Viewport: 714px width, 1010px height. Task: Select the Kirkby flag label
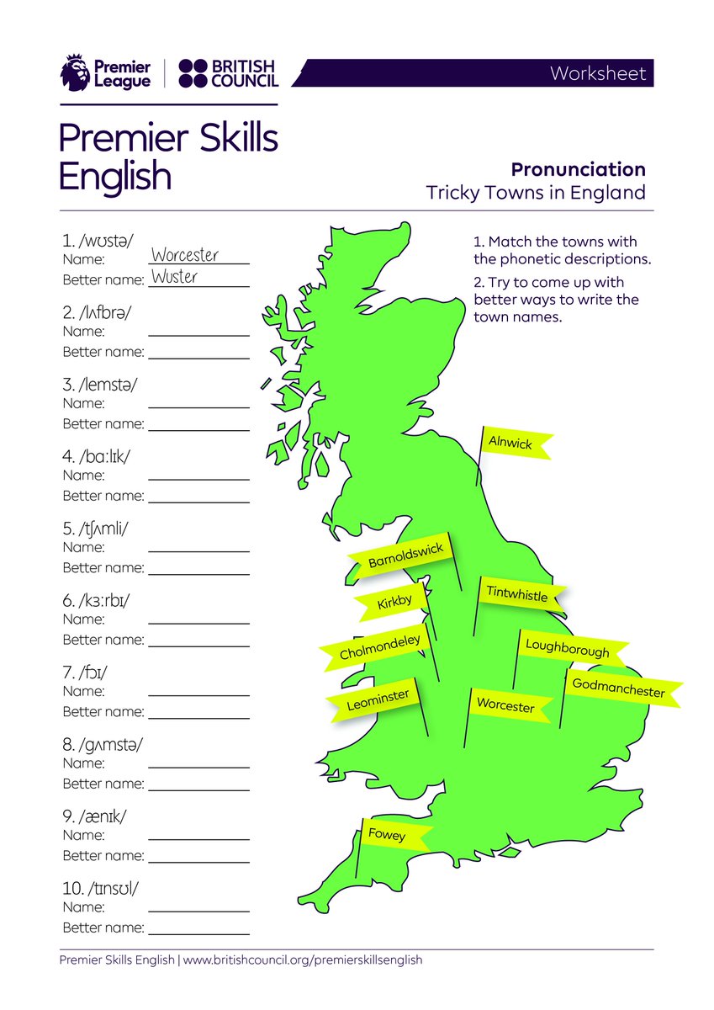[394, 601]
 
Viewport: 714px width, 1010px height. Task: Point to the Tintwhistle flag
[517, 595]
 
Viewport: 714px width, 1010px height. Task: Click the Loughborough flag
[568, 649]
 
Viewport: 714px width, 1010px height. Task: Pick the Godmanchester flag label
[618, 688]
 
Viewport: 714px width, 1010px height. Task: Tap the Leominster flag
[378, 699]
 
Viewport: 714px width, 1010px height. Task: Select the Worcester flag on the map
[506, 705]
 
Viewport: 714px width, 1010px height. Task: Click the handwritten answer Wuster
[174, 277]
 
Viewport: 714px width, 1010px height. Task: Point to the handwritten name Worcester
[185, 255]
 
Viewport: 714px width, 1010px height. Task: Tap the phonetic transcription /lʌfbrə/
[102, 313]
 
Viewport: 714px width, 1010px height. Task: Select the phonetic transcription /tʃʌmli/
[100, 529]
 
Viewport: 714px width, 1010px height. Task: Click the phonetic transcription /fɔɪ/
[90, 673]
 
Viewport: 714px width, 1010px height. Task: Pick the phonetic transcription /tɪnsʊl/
[103, 889]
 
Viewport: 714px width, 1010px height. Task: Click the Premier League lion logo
[75, 73]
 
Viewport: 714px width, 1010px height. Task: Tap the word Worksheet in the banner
[598, 73]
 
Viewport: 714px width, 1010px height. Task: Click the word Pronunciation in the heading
[579, 169]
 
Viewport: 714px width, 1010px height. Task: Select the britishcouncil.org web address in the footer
[302, 959]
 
